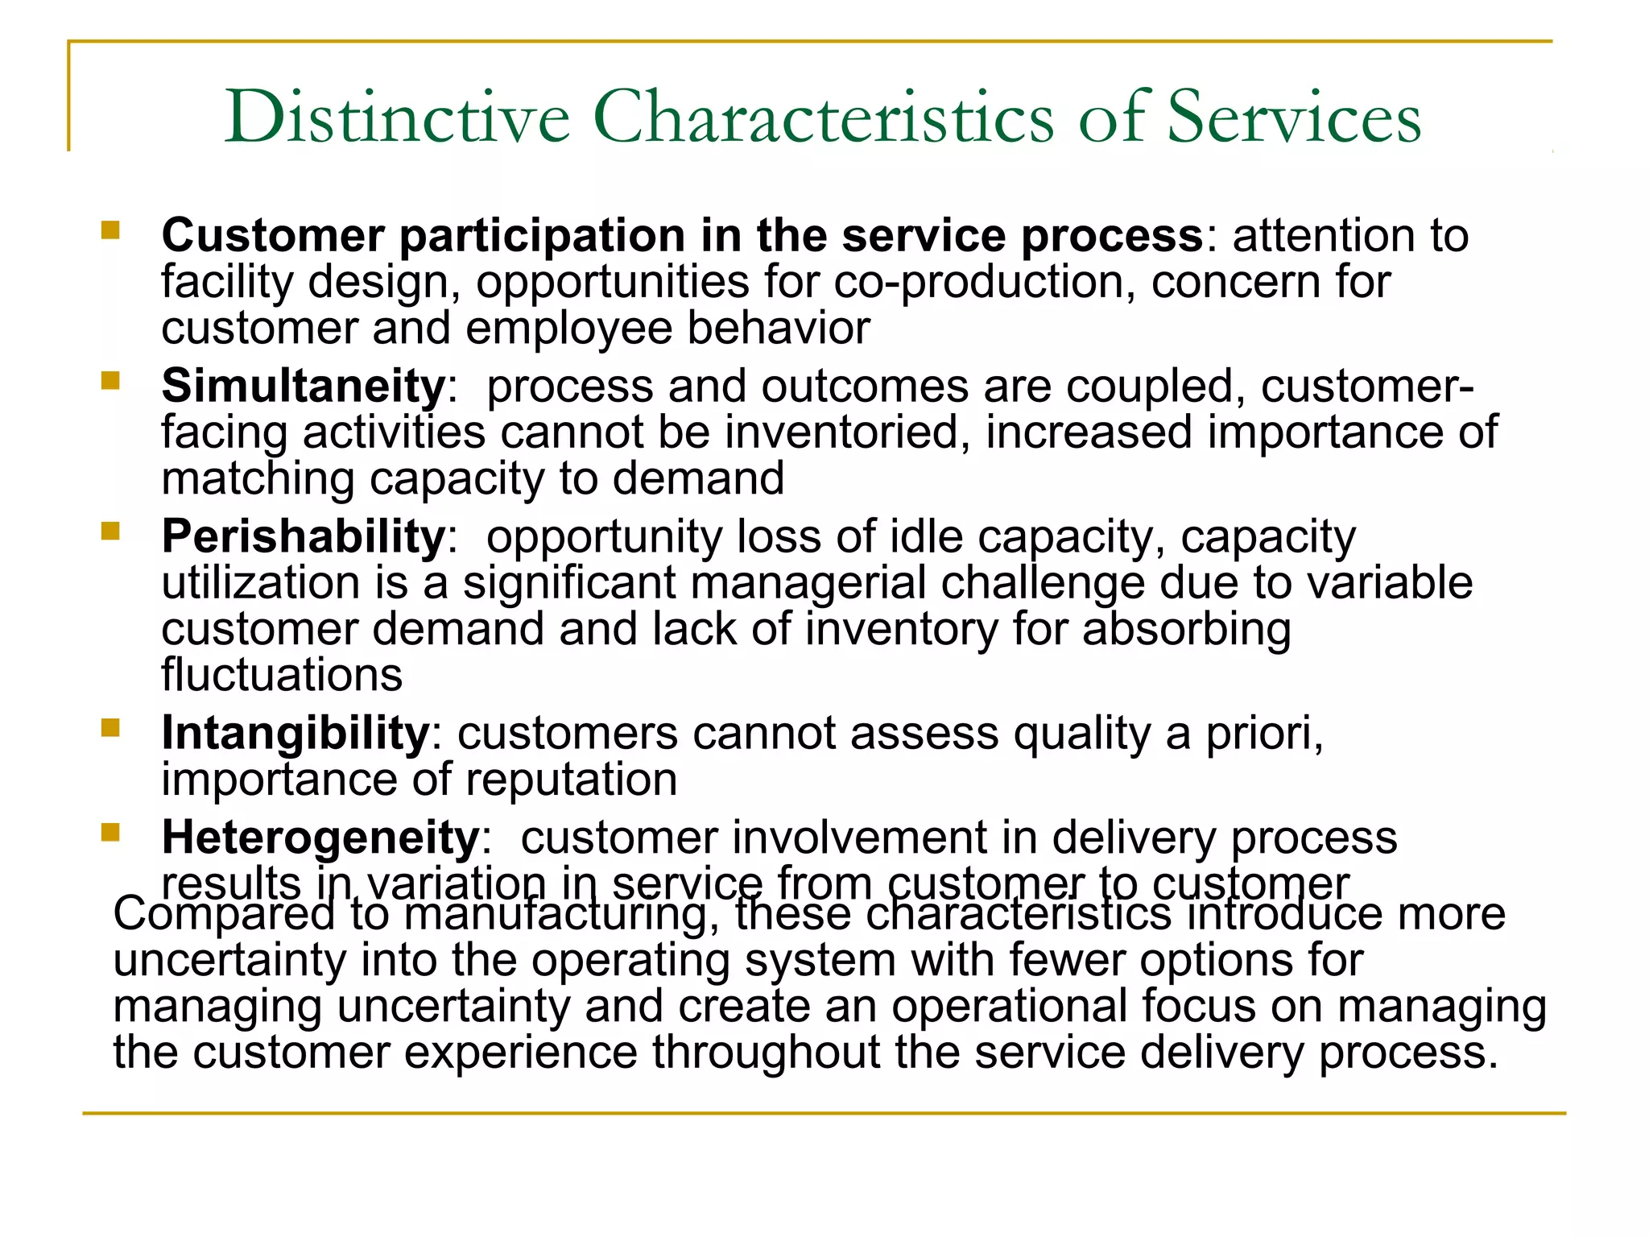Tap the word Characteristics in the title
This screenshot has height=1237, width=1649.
[x=823, y=118]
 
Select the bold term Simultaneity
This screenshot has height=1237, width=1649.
[x=304, y=386]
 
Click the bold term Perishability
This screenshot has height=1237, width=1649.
[x=304, y=536]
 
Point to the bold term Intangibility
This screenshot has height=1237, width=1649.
[x=295, y=734]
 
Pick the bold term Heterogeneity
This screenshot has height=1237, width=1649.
[x=320, y=838]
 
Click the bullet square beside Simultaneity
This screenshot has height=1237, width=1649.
[x=110, y=379]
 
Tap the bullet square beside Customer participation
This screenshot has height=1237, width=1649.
[x=110, y=231]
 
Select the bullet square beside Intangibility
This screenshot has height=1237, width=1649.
[x=110, y=728]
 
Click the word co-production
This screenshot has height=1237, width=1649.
[x=985, y=283]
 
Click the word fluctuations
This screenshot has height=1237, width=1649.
[x=282, y=675]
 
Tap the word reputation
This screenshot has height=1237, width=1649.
[x=571, y=780]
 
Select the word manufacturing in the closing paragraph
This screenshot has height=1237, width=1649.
[x=561, y=915]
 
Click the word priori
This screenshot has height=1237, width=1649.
[x=1263, y=734]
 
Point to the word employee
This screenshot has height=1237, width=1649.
[x=568, y=329]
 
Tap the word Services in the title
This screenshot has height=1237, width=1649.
[x=1294, y=118]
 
